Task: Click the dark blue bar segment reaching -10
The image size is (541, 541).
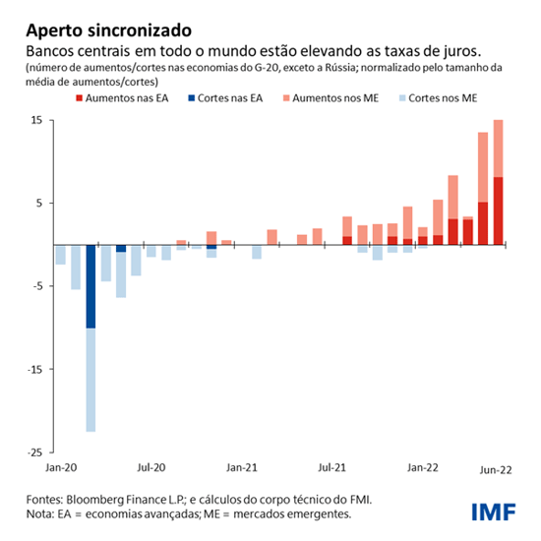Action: [90, 285]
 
